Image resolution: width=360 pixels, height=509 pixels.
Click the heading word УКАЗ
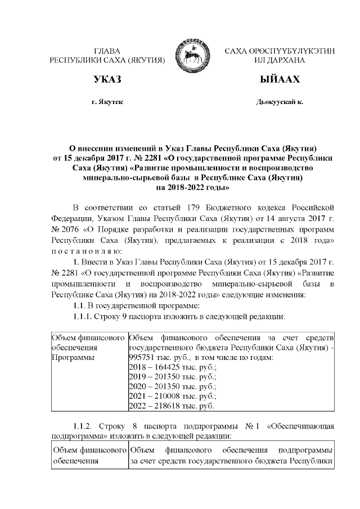[107, 80]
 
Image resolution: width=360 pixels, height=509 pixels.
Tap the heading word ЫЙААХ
[279, 80]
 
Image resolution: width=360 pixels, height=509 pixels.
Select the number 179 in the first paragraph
[190, 203]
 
